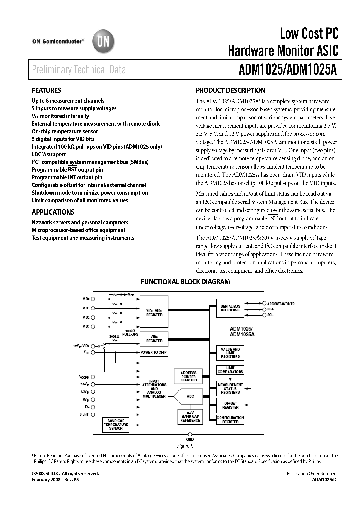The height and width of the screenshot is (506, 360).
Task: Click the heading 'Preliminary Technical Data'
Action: [x=78, y=70]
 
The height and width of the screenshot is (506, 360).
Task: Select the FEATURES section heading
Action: [x=46, y=91]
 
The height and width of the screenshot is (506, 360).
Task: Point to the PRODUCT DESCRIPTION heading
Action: [x=230, y=91]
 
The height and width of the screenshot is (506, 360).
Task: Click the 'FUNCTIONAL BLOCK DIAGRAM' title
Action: [x=185, y=282]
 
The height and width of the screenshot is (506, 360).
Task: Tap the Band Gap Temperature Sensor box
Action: [x=116, y=425]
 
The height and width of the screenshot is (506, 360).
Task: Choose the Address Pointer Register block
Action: [x=188, y=376]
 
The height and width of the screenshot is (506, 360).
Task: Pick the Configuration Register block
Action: [x=230, y=420]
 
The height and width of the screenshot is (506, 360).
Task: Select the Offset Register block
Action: [x=230, y=405]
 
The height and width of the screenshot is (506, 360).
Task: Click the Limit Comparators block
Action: [x=230, y=370]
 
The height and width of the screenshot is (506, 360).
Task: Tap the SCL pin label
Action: [x=270, y=315]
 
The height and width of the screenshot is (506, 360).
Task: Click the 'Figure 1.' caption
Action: [x=185, y=445]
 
